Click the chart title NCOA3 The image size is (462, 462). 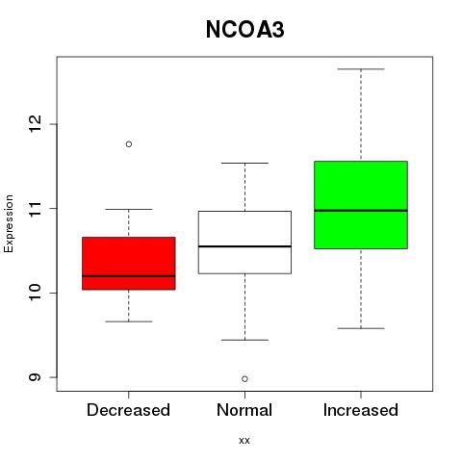click(x=244, y=30)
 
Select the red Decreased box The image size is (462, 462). click(x=129, y=264)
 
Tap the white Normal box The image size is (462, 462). click(x=244, y=243)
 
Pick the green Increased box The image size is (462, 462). click(x=361, y=205)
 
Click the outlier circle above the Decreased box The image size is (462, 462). click(x=129, y=144)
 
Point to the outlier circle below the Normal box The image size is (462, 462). click(x=244, y=379)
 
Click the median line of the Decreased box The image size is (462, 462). click(x=129, y=276)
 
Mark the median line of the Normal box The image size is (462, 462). click(x=244, y=246)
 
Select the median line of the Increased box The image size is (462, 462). click(x=361, y=211)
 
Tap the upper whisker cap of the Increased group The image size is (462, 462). click(x=361, y=69)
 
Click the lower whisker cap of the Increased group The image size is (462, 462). click(x=361, y=328)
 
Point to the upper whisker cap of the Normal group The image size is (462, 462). click(x=244, y=163)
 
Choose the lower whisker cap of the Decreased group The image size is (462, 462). click(x=129, y=321)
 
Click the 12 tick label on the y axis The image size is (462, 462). click(x=35, y=124)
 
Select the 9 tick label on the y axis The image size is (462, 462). click(x=35, y=377)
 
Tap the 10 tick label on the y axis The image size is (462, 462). click(x=35, y=293)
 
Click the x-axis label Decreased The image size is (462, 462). click(x=128, y=410)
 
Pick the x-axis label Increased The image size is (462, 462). click(x=361, y=410)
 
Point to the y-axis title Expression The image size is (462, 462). click(x=9, y=223)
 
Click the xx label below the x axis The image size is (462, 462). click(x=244, y=441)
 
